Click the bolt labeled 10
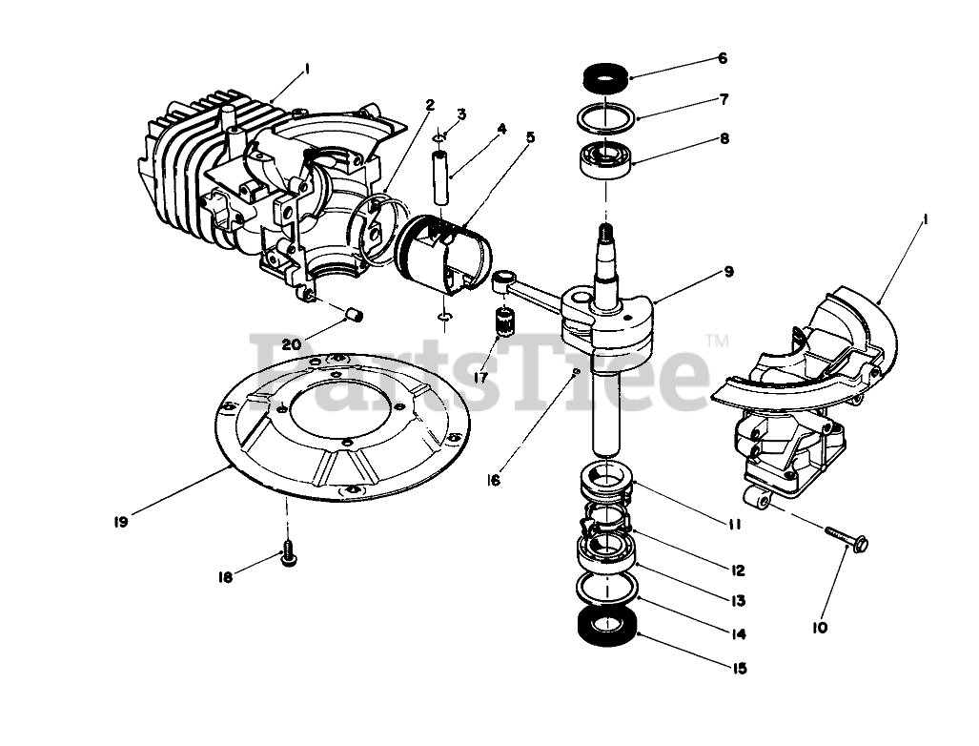point(844,540)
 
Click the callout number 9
point(729,272)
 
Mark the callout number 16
point(493,480)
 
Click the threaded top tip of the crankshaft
point(604,232)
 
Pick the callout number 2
point(430,103)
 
